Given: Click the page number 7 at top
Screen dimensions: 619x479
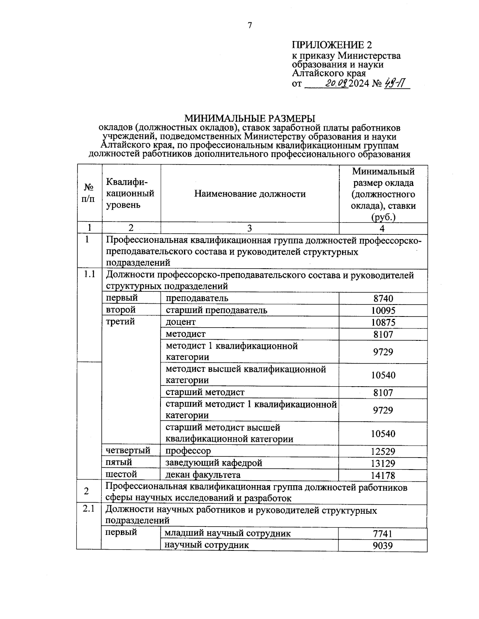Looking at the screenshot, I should pyautogui.click(x=250, y=26).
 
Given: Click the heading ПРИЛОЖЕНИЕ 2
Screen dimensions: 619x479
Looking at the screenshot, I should pyautogui.click(x=335, y=45).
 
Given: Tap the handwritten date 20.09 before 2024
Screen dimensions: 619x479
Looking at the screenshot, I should pyautogui.click(x=337, y=84).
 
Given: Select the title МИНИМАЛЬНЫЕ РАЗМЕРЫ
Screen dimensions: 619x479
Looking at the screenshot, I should pyautogui.click(x=249, y=118).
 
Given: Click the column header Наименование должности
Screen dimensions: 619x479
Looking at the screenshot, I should pyautogui.click(x=250, y=194).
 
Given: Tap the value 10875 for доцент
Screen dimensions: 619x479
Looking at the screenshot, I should pyautogui.click(x=383, y=322).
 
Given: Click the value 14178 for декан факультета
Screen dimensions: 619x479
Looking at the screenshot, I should pyautogui.click(x=383, y=475).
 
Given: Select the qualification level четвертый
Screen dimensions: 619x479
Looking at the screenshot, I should pyautogui.click(x=128, y=451).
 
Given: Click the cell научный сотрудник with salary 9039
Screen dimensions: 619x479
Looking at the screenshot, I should pyautogui.click(x=207, y=545).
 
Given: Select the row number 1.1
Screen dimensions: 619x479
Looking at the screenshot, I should pyautogui.click(x=89, y=275).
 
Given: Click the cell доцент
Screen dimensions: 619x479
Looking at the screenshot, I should pyautogui.click(x=181, y=322).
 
